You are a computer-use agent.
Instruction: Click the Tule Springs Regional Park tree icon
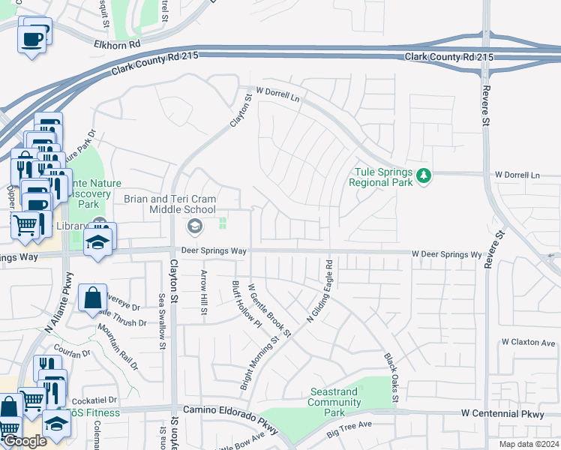(424, 175)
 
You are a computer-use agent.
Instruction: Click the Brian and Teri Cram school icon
(194, 225)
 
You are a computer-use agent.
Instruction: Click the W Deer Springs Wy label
(446, 255)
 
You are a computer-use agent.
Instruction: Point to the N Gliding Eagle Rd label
(320, 292)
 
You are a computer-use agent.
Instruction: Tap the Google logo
(25, 442)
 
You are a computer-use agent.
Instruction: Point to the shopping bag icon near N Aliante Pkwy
(91, 297)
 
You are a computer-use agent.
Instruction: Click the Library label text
(70, 226)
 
